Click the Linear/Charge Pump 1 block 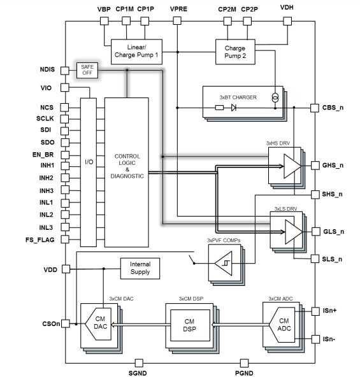(x=136, y=52)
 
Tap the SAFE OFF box (x=87, y=70)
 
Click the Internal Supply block (x=140, y=267)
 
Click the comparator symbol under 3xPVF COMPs (x=224, y=262)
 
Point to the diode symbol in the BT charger (x=234, y=108)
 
